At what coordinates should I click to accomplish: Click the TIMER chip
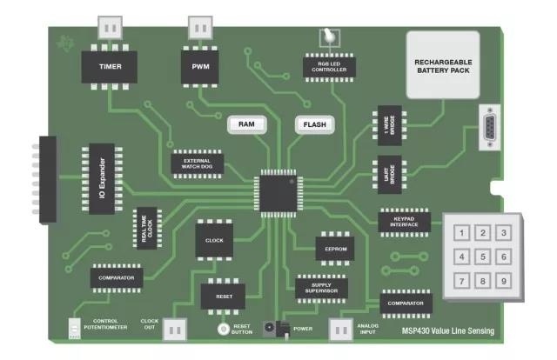tap(110, 67)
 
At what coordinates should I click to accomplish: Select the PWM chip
tap(200, 67)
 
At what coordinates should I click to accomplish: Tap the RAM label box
tap(247, 124)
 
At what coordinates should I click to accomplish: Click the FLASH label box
tap(315, 124)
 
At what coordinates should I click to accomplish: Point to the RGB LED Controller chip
tap(329, 67)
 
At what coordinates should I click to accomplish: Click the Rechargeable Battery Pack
tap(443, 65)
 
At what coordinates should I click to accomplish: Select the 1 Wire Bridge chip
tap(390, 125)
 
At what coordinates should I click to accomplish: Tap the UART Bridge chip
tap(390, 174)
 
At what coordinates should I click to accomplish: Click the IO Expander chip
tap(102, 178)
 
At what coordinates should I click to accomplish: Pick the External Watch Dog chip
tap(198, 163)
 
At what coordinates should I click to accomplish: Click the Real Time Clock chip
tap(147, 229)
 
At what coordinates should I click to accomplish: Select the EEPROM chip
tap(335, 249)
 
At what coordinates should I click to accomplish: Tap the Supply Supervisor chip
tap(321, 289)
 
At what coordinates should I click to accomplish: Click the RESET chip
tap(224, 297)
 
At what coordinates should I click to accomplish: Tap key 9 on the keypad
tap(504, 281)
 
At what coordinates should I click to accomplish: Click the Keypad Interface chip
tap(404, 223)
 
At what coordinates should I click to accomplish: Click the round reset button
tap(223, 329)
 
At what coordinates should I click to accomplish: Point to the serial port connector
tap(490, 127)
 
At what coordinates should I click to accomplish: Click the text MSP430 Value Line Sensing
tap(448, 331)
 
